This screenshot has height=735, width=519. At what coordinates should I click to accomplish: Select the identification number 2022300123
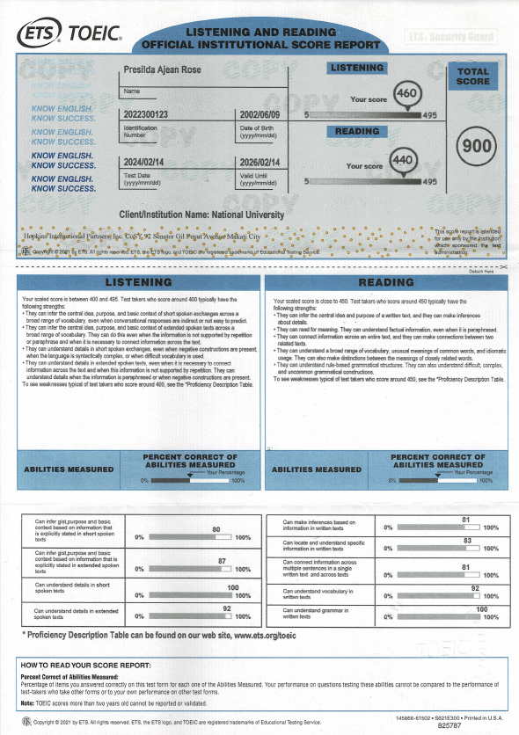click(152, 115)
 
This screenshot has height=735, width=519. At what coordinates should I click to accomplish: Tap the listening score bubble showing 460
click(406, 93)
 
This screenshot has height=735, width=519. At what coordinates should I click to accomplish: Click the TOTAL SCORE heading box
click(473, 76)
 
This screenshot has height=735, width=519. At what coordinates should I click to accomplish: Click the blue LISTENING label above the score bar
click(357, 68)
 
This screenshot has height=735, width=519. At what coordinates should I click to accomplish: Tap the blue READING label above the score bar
click(358, 132)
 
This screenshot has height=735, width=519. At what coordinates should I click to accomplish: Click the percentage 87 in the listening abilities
click(222, 561)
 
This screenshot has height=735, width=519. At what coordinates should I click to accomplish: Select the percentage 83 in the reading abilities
click(467, 541)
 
